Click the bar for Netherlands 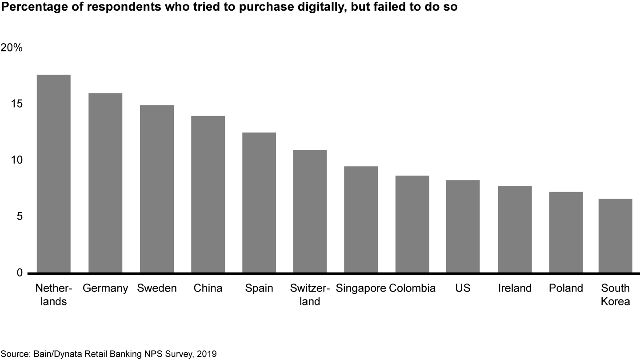click(x=53, y=173)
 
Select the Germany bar click(x=105, y=183)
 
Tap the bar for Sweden click(x=156, y=189)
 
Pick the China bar click(x=208, y=194)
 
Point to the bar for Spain click(x=259, y=203)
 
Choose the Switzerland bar click(x=310, y=211)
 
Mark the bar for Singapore click(x=361, y=220)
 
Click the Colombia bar click(x=412, y=224)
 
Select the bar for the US click(x=463, y=226)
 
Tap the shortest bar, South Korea click(x=616, y=236)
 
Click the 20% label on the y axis click(x=12, y=48)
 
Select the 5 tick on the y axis click(x=19, y=216)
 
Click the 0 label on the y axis click(x=19, y=272)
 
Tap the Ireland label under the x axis click(x=515, y=288)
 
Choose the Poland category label click(x=566, y=288)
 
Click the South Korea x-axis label click(x=616, y=295)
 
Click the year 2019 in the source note click(x=208, y=354)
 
